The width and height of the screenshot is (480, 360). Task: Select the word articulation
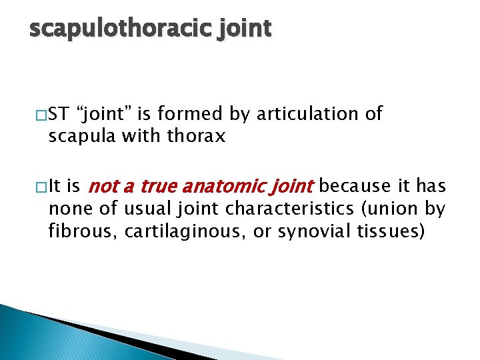pyautogui.click(x=308, y=114)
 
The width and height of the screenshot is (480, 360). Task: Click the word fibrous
pyautogui.click(x=75, y=232)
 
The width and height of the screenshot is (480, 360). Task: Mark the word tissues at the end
pyautogui.click(x=395, y=232)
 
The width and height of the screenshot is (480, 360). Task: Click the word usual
pyautogui.click(x=147, y=209)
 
